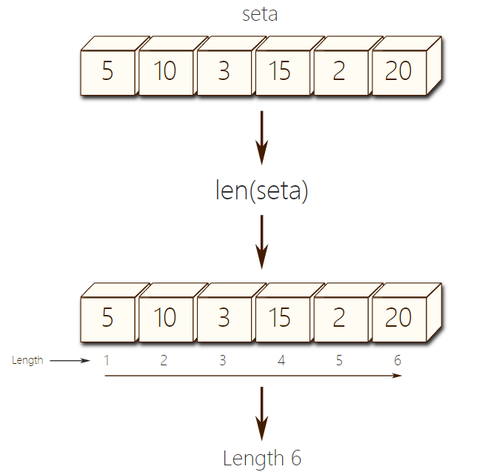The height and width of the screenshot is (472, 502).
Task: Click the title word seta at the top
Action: click(260, 13)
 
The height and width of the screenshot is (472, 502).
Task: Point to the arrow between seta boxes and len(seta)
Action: click(261, 138)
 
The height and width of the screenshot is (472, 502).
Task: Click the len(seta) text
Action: click(261, 191)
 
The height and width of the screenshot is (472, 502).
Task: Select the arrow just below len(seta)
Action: click(261, 242)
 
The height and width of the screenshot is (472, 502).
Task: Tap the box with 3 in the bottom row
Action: click(224, 318)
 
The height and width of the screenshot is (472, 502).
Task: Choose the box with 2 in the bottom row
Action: click(340, 318)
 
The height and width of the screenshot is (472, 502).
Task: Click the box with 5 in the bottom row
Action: click(108, 318)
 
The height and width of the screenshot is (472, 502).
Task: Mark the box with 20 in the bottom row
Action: click(399, 318)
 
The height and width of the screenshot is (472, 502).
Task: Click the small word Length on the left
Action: click(28, 361)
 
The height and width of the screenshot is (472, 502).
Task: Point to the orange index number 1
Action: click(107, 361)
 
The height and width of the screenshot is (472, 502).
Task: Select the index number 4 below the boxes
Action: click(281, 361)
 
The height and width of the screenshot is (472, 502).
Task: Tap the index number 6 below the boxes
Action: click(398, 361)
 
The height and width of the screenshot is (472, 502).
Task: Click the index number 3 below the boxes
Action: click(223, 361)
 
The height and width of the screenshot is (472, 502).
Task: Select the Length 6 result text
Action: click(261, 458)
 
